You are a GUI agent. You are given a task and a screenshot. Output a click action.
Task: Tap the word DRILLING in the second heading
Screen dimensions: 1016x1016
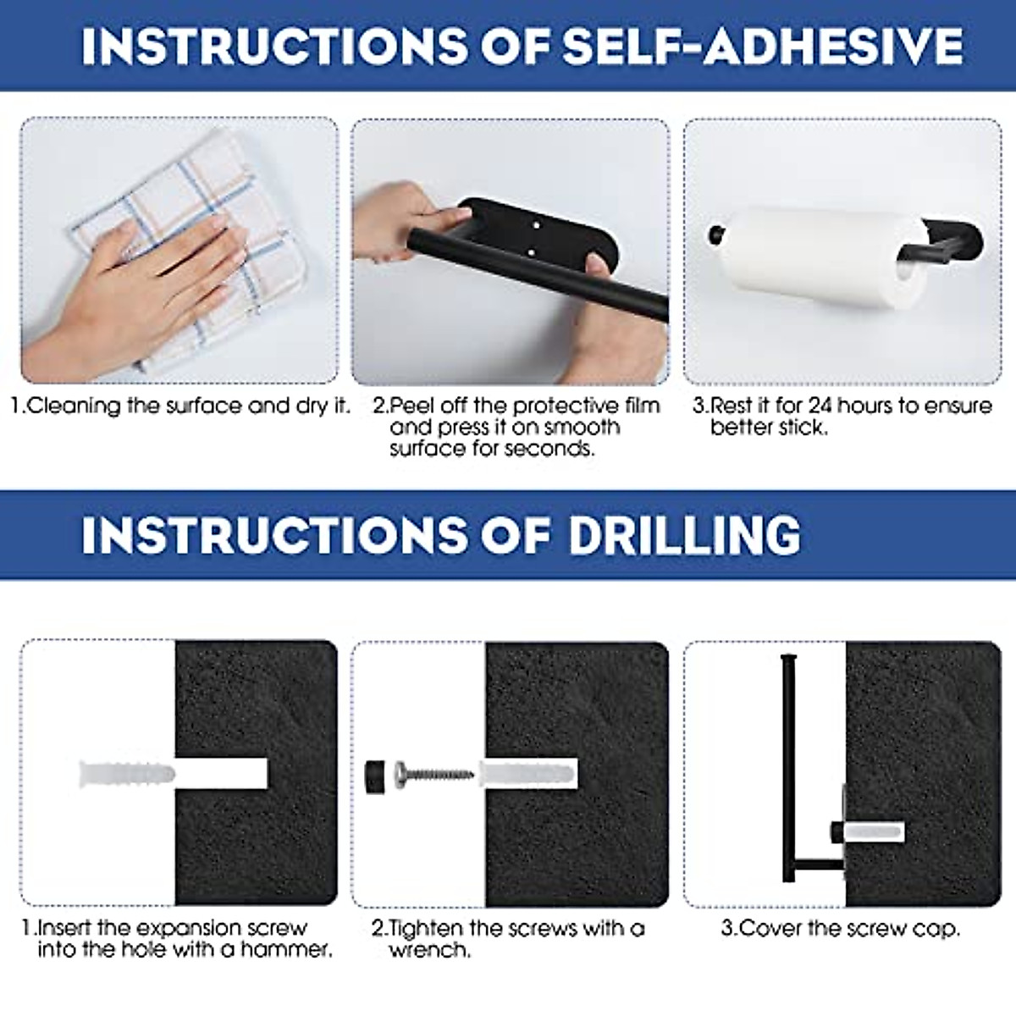point(684,535)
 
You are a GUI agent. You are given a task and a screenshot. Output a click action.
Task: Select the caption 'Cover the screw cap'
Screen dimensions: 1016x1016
point(841,928)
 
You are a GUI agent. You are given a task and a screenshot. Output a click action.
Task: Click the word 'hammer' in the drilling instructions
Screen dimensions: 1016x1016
point(285,950)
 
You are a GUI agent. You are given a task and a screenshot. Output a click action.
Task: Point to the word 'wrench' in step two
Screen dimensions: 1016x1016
point(429,950)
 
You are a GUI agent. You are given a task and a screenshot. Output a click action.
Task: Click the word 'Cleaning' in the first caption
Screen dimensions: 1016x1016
point(74,406)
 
